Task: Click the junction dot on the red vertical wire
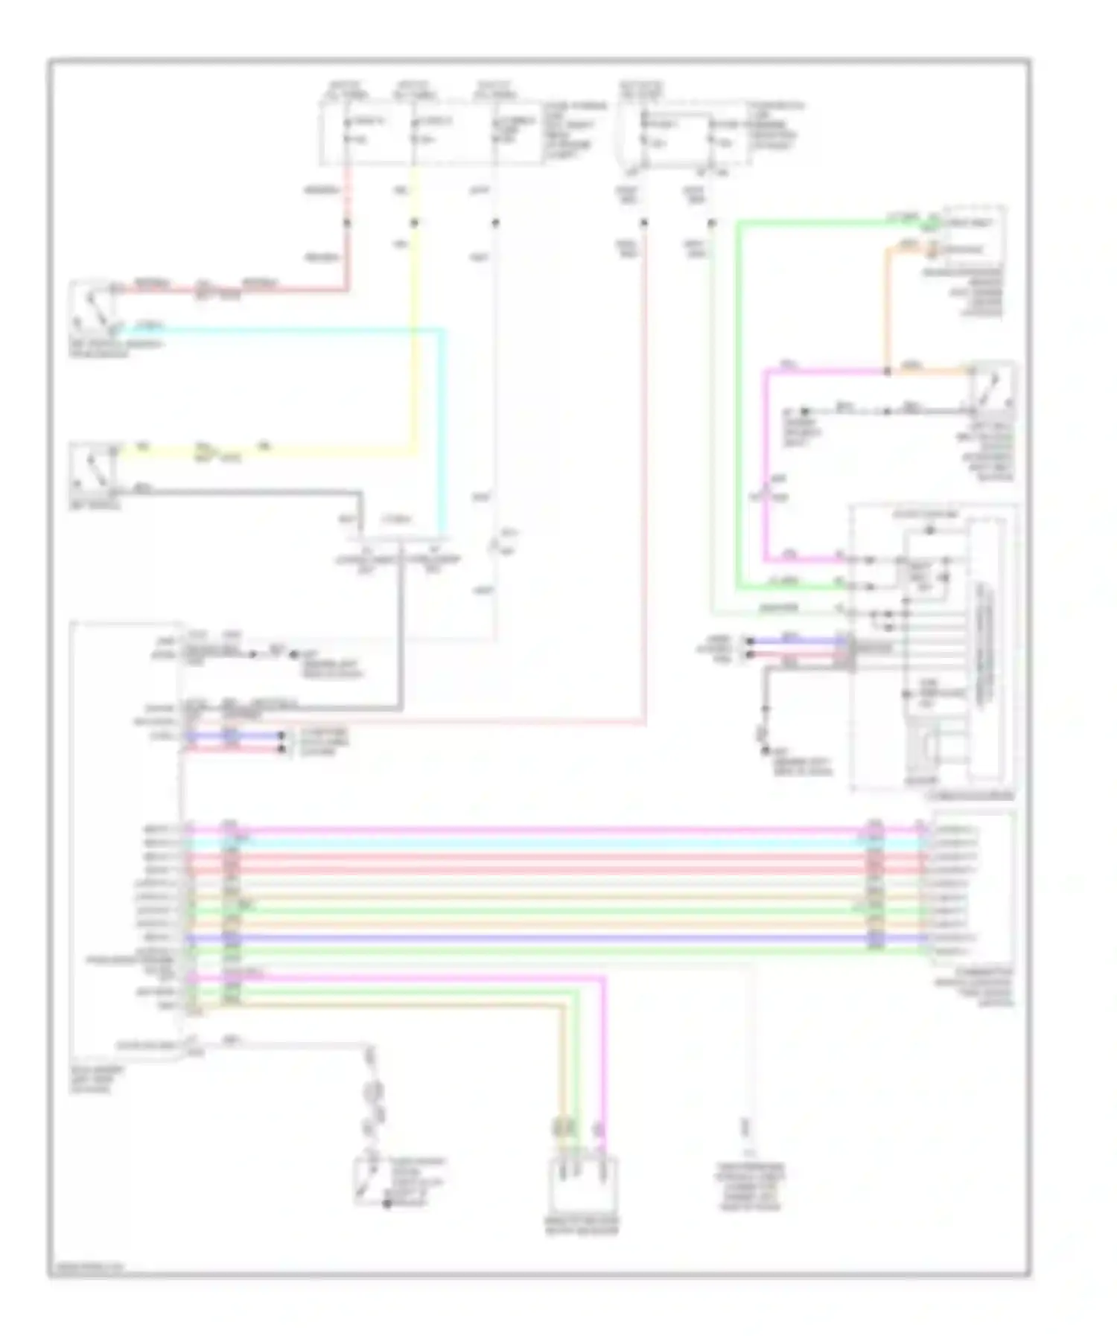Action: coord(347,223)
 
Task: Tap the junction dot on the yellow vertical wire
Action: coord(415,223)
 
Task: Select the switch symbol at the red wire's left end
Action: coord(92,306)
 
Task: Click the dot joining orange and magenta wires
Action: coord(886,370)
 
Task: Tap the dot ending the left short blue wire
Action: coord(281,735)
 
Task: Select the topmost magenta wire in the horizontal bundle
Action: coord(551,828)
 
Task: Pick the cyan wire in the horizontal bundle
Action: coord(551,842)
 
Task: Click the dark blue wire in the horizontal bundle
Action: coord(551,938)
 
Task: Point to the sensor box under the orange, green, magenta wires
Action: coord(582,1183)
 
